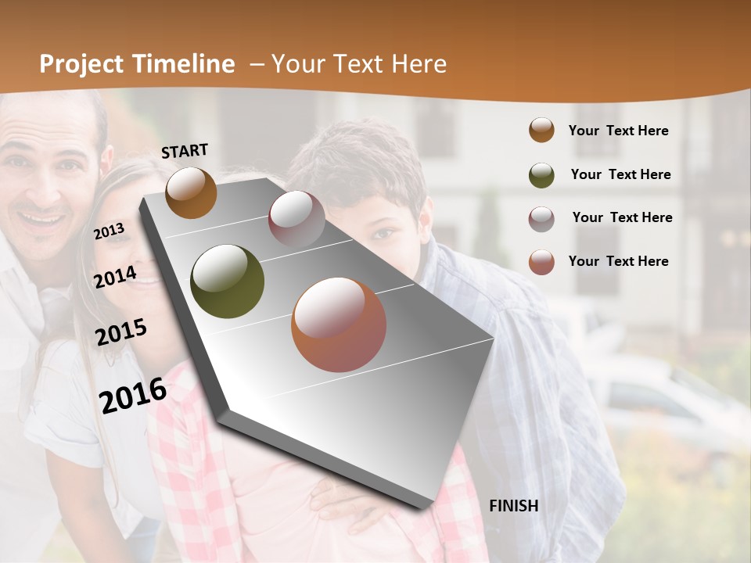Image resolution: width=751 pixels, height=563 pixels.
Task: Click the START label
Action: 185,151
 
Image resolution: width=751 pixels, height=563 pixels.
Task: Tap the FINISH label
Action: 513,506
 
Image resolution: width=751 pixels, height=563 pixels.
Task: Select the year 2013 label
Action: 109,231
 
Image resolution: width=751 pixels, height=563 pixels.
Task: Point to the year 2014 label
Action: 115,277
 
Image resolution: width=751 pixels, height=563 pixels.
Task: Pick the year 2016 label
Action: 133,396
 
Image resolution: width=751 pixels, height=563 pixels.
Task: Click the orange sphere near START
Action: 191,192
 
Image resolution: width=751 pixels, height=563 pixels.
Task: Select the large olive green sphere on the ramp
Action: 227,281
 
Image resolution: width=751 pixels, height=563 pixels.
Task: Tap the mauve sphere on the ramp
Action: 296,219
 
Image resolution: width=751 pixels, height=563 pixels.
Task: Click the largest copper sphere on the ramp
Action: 339,325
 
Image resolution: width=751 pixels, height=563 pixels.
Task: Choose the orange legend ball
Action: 541,131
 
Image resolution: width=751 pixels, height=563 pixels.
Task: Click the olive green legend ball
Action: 541,175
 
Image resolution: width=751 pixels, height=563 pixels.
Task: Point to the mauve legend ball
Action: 541,219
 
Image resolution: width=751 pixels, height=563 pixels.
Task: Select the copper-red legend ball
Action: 541,262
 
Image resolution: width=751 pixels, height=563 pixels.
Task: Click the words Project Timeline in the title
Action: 137,64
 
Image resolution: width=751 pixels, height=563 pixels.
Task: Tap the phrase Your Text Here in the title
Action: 358,64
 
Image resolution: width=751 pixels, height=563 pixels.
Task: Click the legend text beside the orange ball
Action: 618,131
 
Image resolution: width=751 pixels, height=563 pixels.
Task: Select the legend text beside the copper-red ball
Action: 618,261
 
